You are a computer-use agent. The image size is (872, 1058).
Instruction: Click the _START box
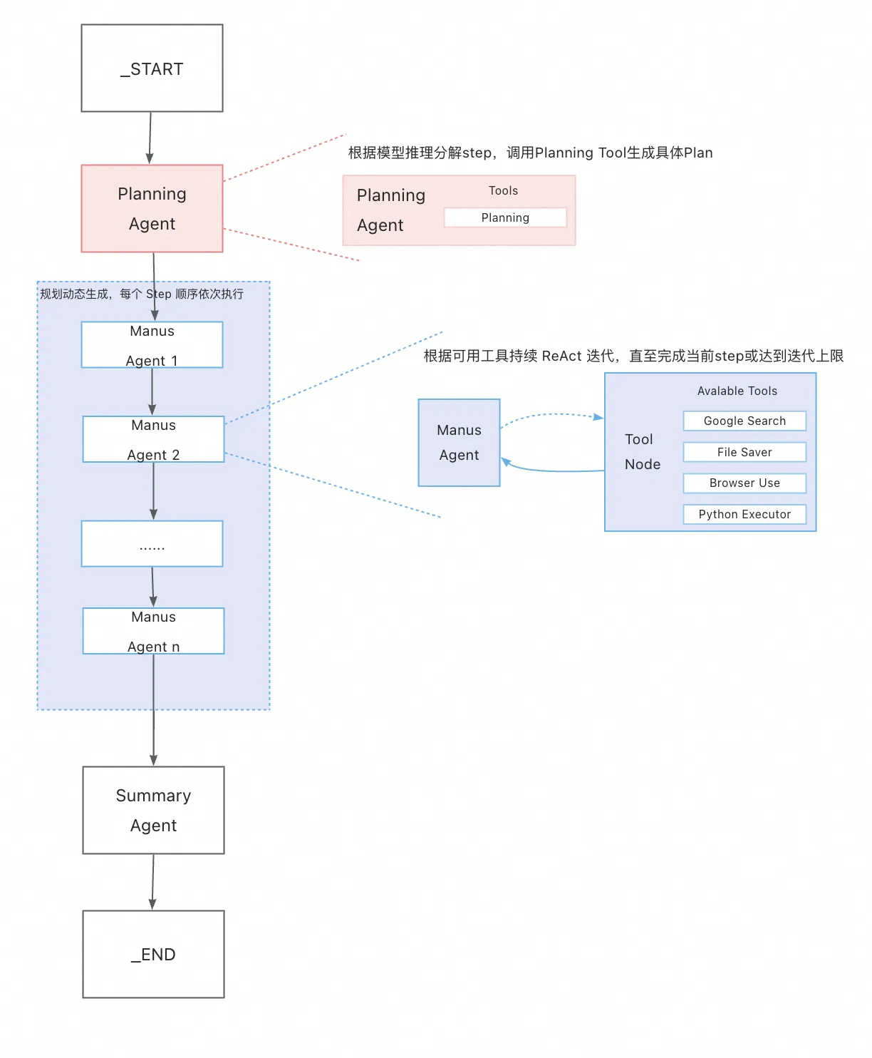[x=152, y=68]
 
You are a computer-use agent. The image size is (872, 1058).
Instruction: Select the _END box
[x=153, y=954]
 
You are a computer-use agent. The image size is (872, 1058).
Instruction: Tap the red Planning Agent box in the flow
[x=152, y=208]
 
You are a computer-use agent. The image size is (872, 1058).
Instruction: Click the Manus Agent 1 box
[x=152, y=345]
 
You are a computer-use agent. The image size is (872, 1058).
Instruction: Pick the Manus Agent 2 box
[x=153, y=439]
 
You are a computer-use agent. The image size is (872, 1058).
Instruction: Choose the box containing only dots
[x=152, y=544]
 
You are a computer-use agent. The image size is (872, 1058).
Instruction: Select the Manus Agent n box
[x=153, y=631]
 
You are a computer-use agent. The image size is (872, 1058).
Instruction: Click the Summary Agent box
[x=153, y=810]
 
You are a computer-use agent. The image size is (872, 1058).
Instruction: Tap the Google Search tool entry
[x=744, y=421]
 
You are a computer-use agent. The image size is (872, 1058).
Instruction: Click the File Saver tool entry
[x=744, y=452]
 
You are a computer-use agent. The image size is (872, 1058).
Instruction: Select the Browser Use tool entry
[x=744, y=483]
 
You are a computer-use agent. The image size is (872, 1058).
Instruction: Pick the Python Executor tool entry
[x=744, y=514]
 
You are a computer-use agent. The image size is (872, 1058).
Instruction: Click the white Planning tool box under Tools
[x=505, y=217]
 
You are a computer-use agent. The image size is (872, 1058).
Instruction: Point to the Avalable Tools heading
[x=737, y=391]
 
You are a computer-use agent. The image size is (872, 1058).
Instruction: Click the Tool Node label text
[x=642, y=452]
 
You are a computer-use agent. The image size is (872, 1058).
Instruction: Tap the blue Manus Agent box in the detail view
[x=459, y=443]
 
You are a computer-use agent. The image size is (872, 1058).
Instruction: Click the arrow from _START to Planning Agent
[x=150, y=137]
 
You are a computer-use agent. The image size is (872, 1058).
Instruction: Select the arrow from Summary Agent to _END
[x=152, y=881]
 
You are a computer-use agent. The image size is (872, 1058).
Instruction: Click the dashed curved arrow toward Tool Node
[x=552, y=415]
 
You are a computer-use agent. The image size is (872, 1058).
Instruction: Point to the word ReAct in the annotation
[x=561, y=356]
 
